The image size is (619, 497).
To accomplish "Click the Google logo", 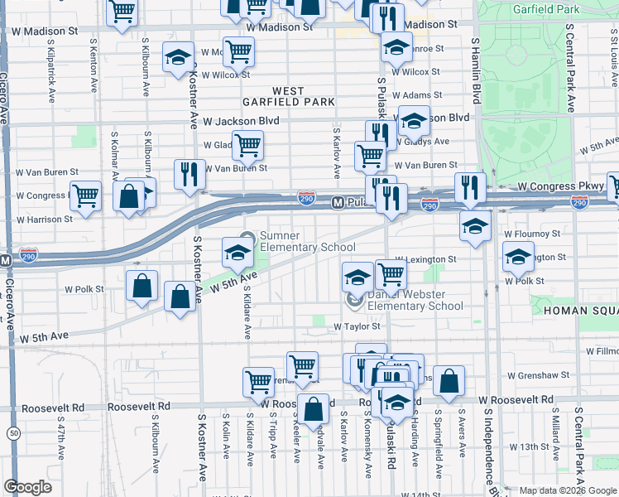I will [x=27, y=487].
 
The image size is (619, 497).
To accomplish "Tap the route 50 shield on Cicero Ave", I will [x=13, y=433].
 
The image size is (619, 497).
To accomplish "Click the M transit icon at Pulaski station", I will [x=338, y=202].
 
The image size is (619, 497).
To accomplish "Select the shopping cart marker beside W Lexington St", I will [x=390, y=273].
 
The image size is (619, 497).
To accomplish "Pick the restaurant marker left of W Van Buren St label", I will [x=190, y=174].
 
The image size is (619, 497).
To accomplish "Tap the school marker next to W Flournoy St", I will [x=473, y=226].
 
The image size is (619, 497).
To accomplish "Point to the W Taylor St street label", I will [x=357, y=327].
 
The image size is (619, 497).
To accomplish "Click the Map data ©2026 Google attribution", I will [x=567, y=490].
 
